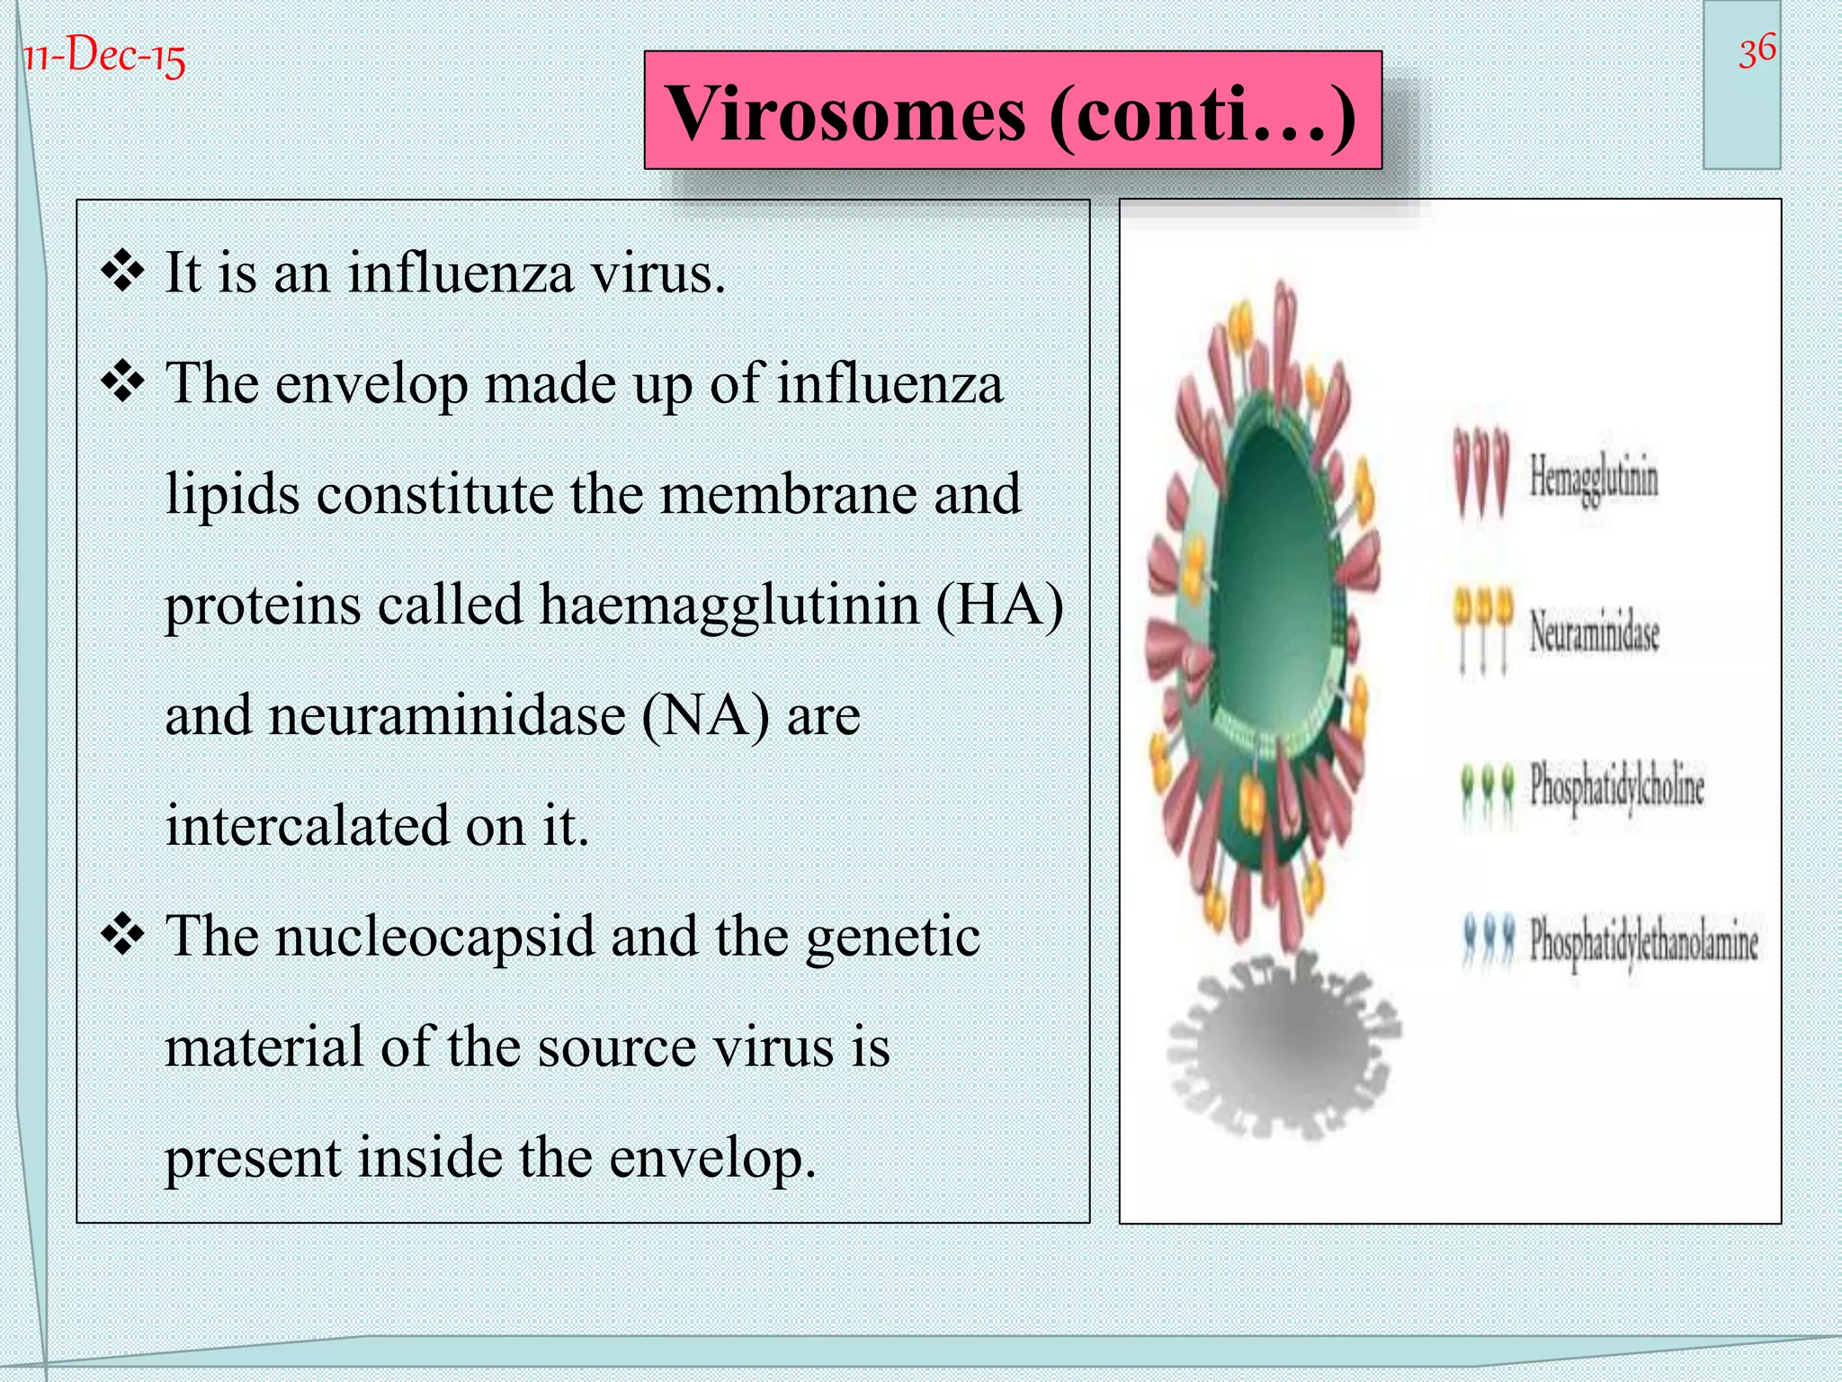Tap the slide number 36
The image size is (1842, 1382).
1757,50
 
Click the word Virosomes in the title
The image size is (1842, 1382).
845,113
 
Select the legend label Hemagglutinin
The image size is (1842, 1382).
1594,478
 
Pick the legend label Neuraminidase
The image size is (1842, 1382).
1595,630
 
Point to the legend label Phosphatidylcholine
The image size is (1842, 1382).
1617,785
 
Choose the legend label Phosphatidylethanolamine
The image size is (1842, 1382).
1644,941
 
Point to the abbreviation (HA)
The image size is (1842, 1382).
999,605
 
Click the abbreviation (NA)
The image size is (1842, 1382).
706,715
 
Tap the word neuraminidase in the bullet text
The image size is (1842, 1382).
447,715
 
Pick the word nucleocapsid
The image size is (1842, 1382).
435,937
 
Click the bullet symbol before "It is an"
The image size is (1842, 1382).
123,272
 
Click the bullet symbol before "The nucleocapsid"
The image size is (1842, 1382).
123,936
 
